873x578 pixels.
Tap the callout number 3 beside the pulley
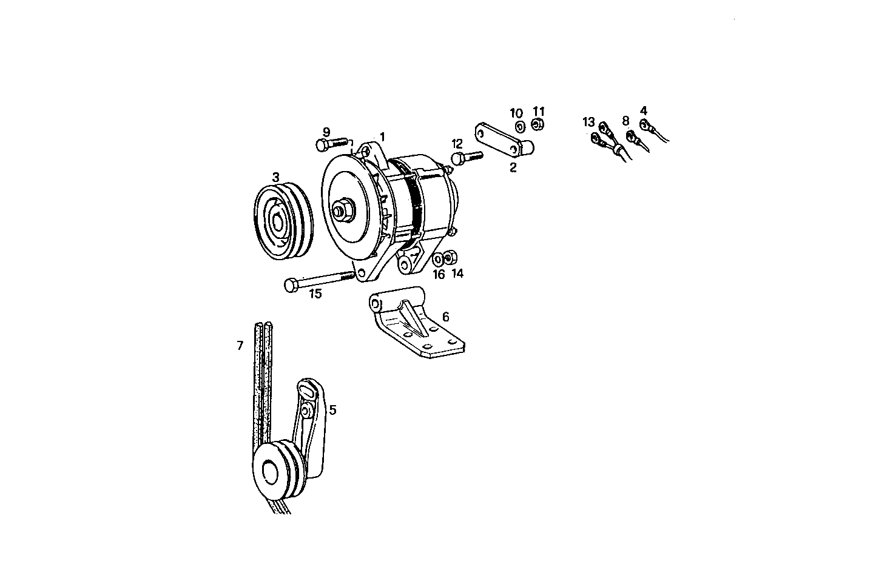(275, 177)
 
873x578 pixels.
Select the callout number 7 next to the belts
(240, 346)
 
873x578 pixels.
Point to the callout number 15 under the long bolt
(315, 294)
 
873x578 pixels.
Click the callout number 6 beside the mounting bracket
(445, 317)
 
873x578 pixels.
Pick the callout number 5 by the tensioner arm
(332, 410)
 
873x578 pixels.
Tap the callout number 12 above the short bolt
(457, 144)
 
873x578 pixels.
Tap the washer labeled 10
(520, 127)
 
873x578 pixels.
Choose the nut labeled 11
(537, 125)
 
